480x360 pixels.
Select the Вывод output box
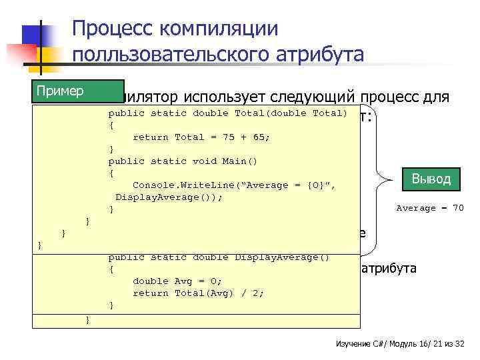pos(431,179)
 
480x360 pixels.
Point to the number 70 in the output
pos(457,208)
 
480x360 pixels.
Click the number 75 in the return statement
pos(225,137)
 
